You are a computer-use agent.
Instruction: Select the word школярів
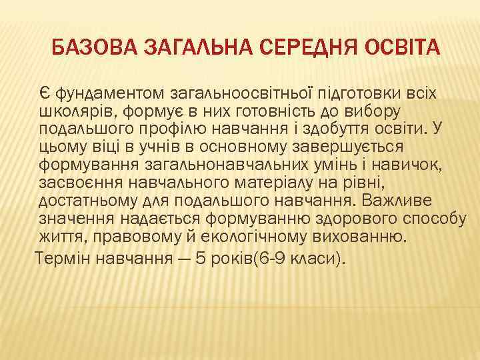click(x=71, y=109)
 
